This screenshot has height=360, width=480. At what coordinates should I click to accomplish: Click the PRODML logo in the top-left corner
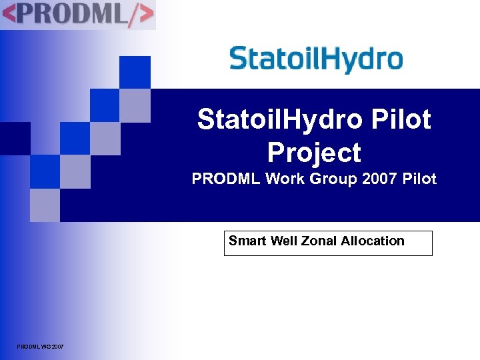pos(77,15)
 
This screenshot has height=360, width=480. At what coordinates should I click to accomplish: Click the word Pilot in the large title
pos(399,120)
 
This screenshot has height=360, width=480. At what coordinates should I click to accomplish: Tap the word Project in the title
pos(314,153)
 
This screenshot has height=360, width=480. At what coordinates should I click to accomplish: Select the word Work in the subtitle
pos(281,179)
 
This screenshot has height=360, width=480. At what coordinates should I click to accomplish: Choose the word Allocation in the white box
pos(373,241)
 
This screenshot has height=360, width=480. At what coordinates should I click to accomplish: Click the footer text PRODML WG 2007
pos(41,347)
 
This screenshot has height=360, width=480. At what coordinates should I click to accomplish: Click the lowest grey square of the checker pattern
pos(45,205)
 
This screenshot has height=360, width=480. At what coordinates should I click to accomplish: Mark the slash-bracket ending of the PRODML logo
pos(141,15)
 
